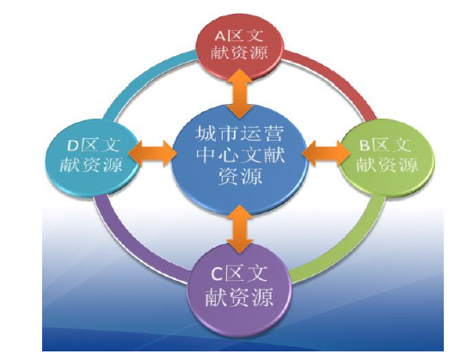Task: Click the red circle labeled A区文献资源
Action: click(x=239, y=46)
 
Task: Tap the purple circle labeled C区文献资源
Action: click(x=239, y=290)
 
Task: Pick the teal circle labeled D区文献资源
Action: click(x=93, y=156)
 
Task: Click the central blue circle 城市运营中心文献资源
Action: click(x=239, y=159)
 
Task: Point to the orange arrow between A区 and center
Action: click(x=240, y=94)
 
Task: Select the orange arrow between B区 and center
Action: click(x=326, y=154)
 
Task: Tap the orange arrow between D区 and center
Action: click(x=152, y=154)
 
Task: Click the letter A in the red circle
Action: click(x=220, y=36)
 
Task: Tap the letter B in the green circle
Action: click(x=365, y=145)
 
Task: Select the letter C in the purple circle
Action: click(x=217, y=274)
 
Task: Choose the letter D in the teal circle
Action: click(x=73, y=146)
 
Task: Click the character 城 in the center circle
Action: click(x=206, y=133)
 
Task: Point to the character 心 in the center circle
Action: click(x=228, y=155)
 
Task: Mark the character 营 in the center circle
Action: click(x=272, y=133)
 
